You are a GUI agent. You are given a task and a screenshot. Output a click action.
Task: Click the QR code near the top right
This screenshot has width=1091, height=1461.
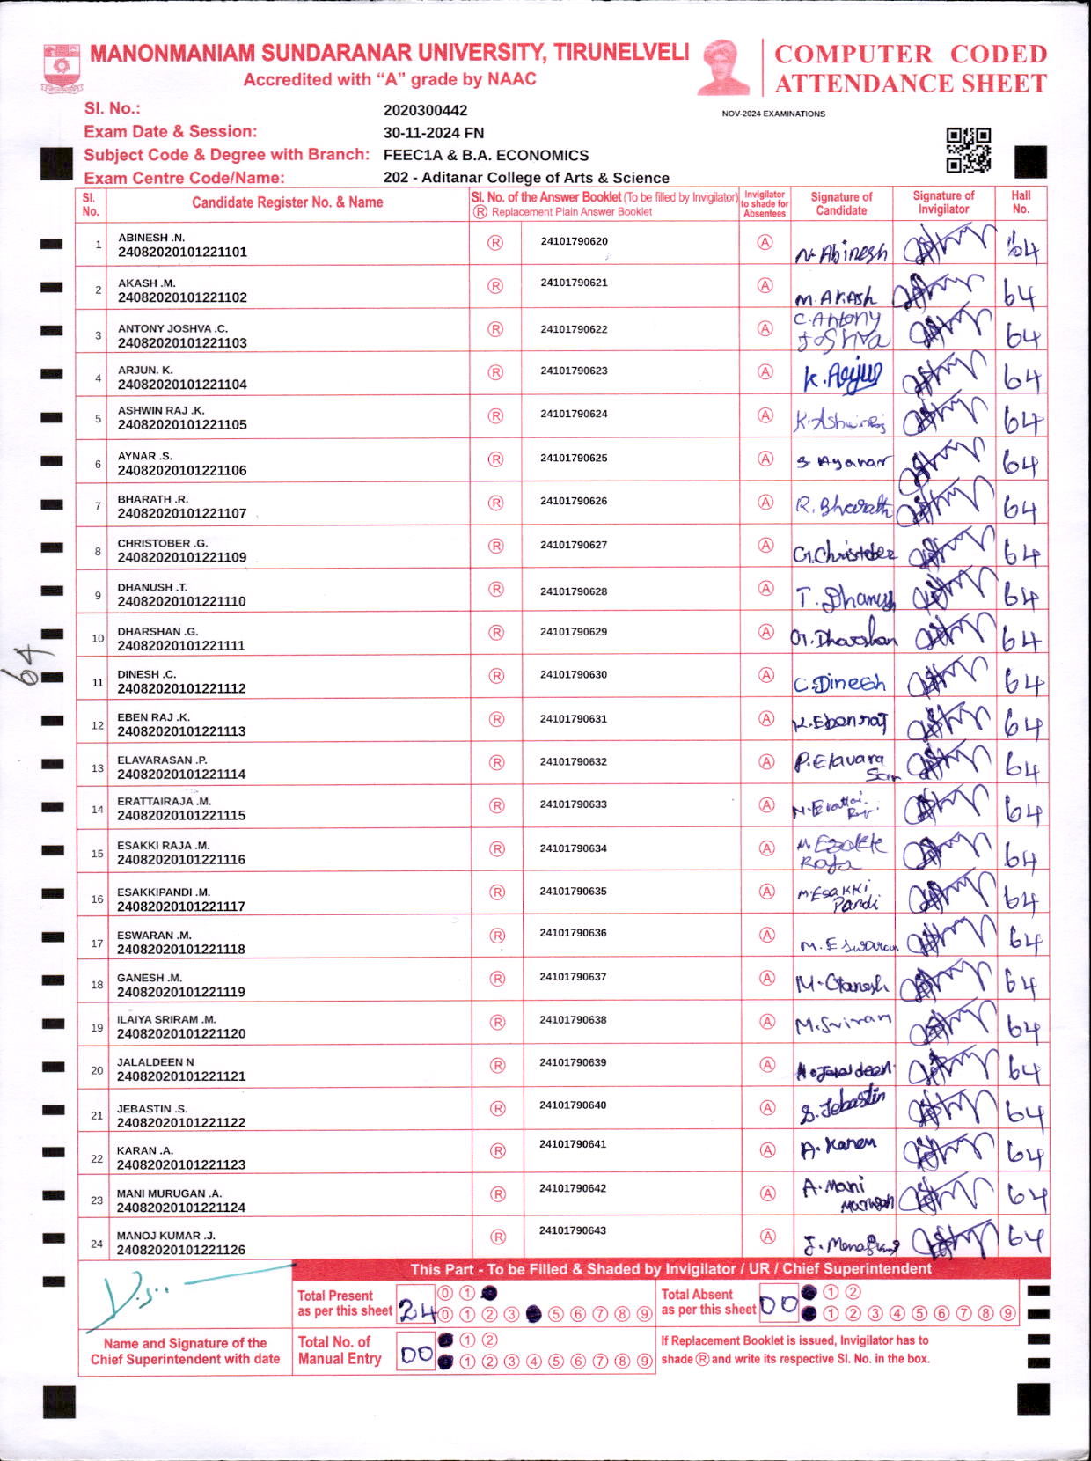(x=968, y=150)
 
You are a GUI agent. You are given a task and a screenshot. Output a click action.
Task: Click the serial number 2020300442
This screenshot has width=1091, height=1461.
(x=425, y=111)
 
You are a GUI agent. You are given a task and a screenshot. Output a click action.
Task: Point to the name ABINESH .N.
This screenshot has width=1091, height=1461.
(x=151, y=238)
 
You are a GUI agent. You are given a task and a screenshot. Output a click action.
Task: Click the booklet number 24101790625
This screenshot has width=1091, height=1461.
(x=574, y=458)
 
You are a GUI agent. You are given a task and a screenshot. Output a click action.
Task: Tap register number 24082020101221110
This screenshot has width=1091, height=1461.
(x=181, y=601)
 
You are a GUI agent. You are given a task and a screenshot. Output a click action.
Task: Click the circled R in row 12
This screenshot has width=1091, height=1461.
(x=496, y=719)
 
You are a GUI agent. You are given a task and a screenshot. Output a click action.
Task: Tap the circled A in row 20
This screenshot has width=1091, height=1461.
(x=767, y=1065)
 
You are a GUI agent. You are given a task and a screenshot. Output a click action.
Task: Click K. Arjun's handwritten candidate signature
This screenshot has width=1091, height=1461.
(x=840, y=377)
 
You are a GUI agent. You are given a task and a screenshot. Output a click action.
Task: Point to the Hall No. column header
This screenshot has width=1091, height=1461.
(x=1021, y=202)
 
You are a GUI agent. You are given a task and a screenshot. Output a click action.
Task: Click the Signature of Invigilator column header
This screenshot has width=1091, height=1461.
(x=943, y=202)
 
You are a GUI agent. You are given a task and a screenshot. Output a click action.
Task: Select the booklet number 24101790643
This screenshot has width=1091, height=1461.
(x=573, y=1230)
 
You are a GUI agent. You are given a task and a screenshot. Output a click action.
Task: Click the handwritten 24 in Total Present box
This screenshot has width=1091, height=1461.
(x=417, y=1311)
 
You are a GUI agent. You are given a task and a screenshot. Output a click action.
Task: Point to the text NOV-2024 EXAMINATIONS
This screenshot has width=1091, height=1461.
(x=773, y=114)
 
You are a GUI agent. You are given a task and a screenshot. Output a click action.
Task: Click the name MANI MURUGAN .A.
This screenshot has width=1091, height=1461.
(x=169, y=1193)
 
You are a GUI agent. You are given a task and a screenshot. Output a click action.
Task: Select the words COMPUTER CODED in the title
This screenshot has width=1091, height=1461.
(x=911, y=55)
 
